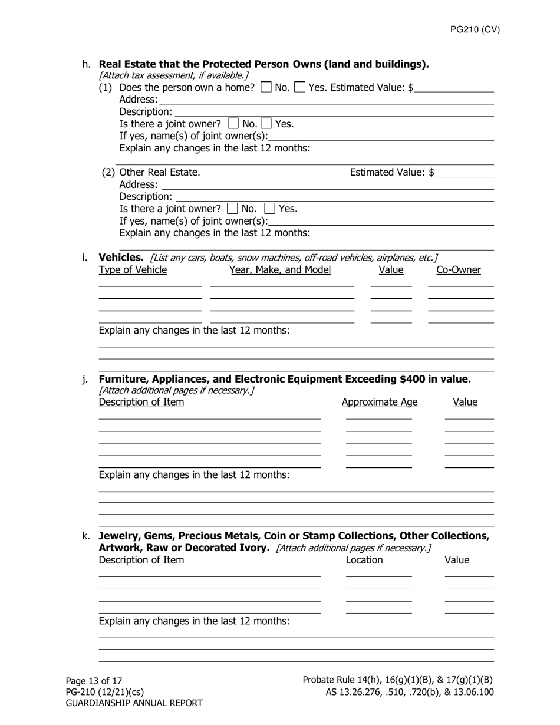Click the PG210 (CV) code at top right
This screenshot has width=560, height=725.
click(475, 30)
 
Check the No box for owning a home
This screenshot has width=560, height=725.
click(266, 88)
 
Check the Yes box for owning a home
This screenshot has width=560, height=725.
click(299, 88)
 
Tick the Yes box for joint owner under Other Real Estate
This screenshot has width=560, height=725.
click(269, 209)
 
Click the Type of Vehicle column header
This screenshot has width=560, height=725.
click(133, 270)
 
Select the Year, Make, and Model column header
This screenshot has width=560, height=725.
click(280, 270)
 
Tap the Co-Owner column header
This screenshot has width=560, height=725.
click(459, 270)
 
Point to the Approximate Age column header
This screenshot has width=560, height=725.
click(380, 402)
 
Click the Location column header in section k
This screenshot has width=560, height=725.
click(364, 560)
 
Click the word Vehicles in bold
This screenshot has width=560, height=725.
click(121, 258)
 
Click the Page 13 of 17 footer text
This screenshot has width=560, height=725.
click(94, 681)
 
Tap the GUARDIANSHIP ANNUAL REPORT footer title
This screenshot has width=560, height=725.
click(134, 703)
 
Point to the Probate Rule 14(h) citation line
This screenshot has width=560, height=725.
click(398, 680)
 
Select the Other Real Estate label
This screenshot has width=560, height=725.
click(159, 172)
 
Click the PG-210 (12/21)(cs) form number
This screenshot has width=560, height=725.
click(104, 692)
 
